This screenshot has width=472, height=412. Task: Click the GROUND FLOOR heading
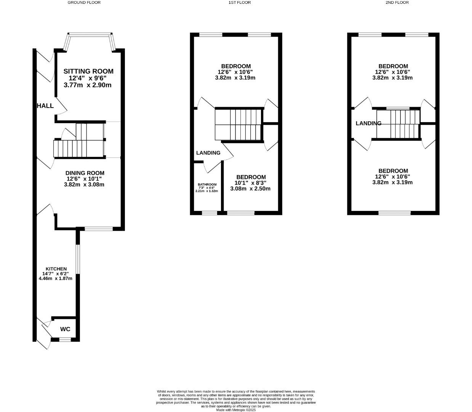84,2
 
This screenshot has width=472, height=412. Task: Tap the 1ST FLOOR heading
239,2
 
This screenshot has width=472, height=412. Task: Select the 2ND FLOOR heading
397,2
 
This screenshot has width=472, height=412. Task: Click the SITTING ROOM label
88,71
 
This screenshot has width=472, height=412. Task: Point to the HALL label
45,106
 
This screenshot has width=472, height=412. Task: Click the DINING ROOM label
84,173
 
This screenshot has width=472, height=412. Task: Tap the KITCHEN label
56,269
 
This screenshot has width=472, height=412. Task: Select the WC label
65,329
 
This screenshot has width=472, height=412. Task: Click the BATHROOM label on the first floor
207,185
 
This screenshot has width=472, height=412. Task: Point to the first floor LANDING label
208,153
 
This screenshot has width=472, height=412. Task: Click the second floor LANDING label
368,123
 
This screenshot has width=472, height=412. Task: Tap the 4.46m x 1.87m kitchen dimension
56,278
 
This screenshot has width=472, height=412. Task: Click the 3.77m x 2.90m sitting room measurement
88,85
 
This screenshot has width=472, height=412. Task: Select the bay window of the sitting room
90,35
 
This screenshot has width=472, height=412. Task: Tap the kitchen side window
77,259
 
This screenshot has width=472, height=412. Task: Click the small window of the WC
65,339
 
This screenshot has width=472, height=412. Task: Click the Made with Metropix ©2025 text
236,410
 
